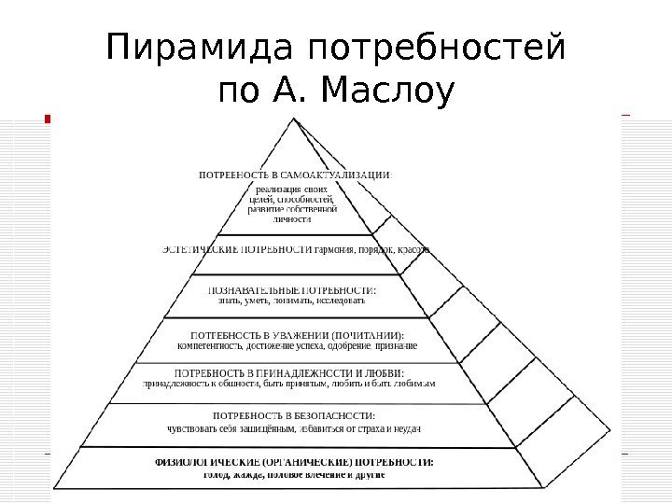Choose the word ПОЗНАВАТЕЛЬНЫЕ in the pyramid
[251, 289]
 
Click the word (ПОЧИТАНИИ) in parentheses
[366, 334]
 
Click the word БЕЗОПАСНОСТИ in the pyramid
[330, 415]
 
